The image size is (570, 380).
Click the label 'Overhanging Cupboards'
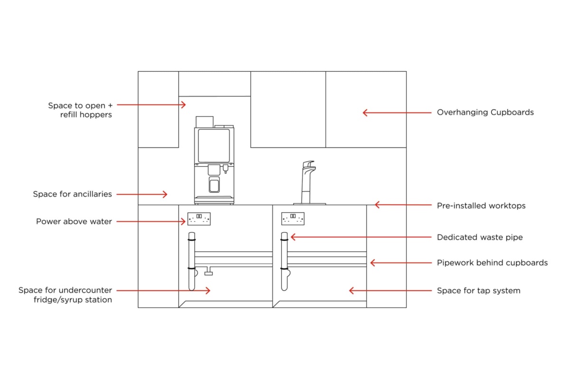485,113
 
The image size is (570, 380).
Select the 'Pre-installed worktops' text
481,206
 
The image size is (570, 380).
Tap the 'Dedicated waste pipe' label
479,237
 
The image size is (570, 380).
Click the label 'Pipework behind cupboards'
492,263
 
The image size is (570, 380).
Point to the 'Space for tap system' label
478,291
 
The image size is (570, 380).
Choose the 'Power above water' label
74,222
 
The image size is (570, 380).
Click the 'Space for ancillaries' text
72,194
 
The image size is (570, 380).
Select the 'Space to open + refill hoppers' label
80,110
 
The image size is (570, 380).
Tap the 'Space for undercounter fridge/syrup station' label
65,295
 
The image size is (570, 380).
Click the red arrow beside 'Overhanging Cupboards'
397,113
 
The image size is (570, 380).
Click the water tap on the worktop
308,183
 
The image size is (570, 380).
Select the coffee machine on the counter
214,161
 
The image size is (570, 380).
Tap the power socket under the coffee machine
199,218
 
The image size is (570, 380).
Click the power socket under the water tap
293,218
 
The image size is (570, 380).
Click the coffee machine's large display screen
214,145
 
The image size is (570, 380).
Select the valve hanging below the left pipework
208,272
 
